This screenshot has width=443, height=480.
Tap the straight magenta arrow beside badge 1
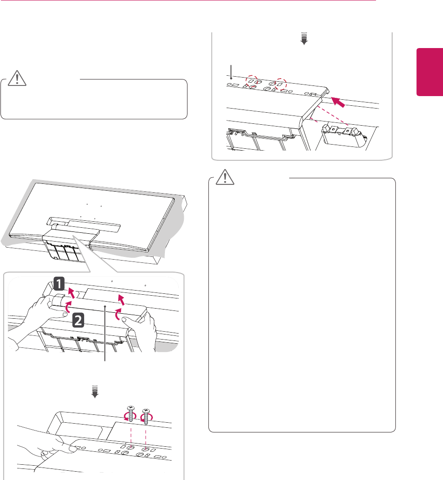pyautogui.click(x=70, y=292)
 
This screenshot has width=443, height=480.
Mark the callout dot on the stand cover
pyautogui.click(x=106, y=305)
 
